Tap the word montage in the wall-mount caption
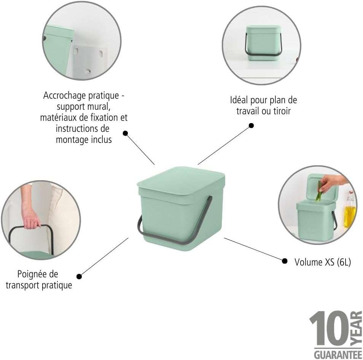pos(70,140)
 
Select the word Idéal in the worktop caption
pos(239,100)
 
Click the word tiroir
pos(282,111)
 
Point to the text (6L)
pos(344,262)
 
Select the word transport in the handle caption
pos(22,285)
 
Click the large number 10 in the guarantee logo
pos(329,328)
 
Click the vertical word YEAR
pos(356,329)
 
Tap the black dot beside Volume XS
pos(285,261)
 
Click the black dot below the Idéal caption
pos(251,126)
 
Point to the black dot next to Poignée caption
pos(79,276)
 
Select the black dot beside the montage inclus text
pos(125,133)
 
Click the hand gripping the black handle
pos(32,219)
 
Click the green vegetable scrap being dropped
pos(319,192)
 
